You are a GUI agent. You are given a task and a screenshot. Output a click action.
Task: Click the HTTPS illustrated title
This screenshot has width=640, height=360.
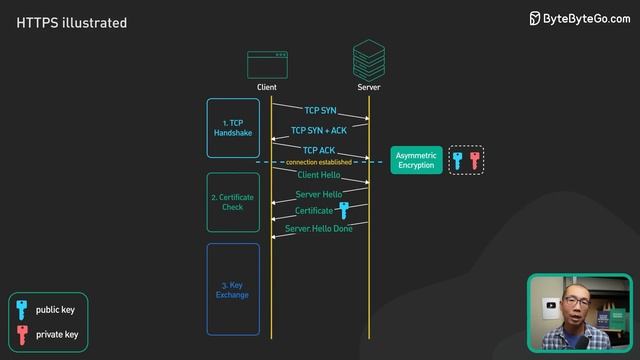click(71, 22)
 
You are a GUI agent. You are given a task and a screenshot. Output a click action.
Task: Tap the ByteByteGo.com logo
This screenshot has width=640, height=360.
click(579, 18)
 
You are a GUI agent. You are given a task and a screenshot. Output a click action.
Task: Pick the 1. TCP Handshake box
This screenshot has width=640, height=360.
click(233, 128)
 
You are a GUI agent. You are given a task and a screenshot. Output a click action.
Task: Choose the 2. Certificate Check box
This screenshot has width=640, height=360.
click(233, 202)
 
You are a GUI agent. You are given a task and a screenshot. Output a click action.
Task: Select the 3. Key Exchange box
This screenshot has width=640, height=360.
click(233, 289)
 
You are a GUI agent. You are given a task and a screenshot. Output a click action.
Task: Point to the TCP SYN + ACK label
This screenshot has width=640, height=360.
click(319, 131)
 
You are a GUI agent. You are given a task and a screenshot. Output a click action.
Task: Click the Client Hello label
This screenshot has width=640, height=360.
click(319, 175)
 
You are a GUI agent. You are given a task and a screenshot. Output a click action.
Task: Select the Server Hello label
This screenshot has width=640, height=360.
click(319, 194)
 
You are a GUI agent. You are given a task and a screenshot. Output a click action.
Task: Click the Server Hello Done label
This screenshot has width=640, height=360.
click(319, 229)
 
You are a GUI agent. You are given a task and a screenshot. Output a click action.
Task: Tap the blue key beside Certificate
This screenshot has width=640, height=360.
click(344, 210)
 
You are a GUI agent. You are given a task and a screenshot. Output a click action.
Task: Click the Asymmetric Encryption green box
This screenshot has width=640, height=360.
click(416, 160)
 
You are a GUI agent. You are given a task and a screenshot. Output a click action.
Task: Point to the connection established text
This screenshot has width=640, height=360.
click(318, 162)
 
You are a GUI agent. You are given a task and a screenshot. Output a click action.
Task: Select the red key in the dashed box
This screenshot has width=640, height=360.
click(475, 160)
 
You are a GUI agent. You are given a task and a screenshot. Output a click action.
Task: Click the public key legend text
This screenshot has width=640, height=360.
click(56, 309)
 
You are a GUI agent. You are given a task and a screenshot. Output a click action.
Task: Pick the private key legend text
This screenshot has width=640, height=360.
click(57, 334)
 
